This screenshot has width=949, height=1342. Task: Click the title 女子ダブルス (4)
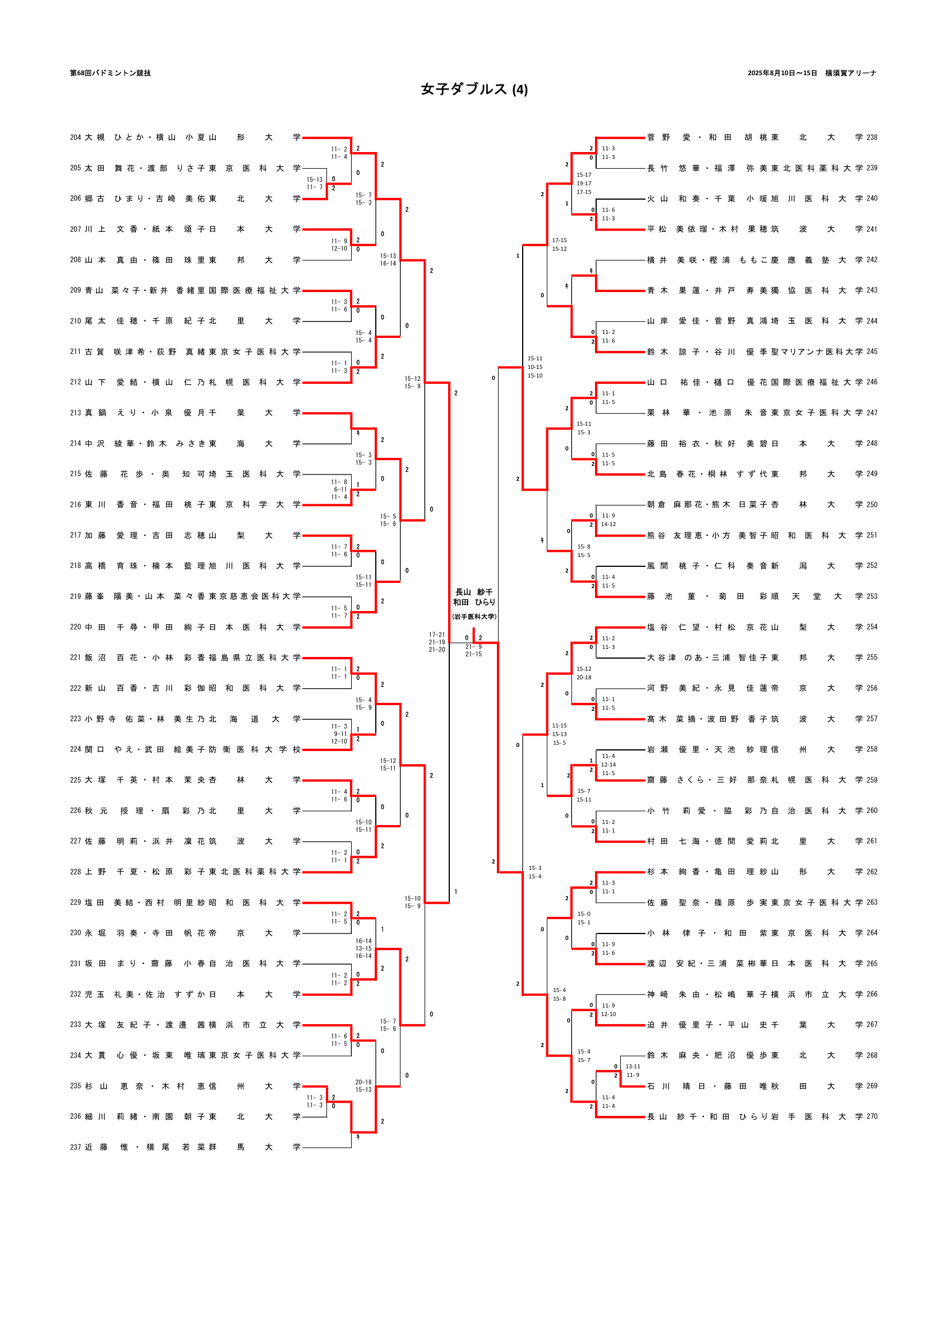[x=474, y=90]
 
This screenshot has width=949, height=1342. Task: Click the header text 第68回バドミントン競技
[x=110, y=73]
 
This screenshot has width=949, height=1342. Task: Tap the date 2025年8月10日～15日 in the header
[x=782, y=73]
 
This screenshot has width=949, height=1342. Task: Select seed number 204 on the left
[x=75, y=138]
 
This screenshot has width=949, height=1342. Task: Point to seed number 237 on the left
[x=75, y=1147]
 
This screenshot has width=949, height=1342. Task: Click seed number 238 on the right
[x=872, y=138]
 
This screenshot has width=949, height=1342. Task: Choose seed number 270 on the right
[x=872, y=1117]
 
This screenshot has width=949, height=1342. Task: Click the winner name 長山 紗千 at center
[x=474, y=592]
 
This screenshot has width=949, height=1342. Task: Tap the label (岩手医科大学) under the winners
[x=474, y=617]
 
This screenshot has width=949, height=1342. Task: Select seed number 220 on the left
[x=75, y=627]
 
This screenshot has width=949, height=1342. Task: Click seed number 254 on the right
[x=872, y=627]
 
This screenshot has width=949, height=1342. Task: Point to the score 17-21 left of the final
[x=437, y=635]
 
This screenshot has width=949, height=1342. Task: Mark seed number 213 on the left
[x=75, y=413]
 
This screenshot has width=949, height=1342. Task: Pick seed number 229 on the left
[x=75, y=903]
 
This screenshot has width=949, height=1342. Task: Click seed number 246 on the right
[x=872, y=382]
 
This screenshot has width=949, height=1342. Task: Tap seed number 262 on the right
[x=872, y=872]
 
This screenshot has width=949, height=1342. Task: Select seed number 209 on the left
[x=75, y=290]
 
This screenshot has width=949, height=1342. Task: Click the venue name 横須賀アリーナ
[x=851, y=73]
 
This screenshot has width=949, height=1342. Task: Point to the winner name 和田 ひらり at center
[x=474, y=602]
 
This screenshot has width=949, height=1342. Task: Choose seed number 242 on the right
[x=872, y=260]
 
